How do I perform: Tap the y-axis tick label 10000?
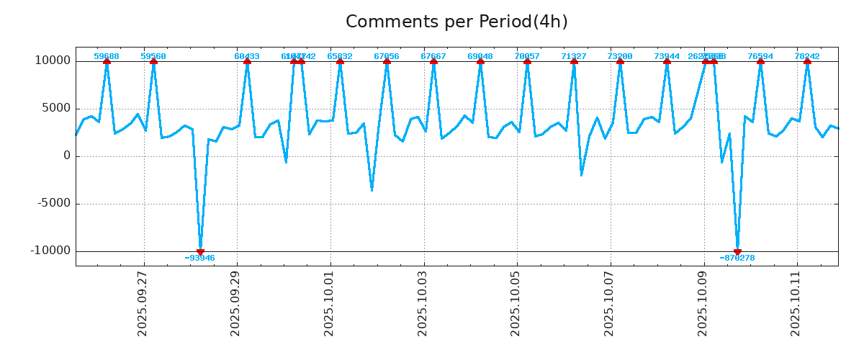click(53, 60)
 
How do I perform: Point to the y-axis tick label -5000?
click(53, 203)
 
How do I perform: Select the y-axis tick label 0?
click(67, 156)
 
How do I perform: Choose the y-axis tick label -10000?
click(50, 251)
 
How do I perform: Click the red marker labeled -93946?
click(200, 251)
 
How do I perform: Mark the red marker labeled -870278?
click(737, 251)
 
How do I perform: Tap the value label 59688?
click(107, 56)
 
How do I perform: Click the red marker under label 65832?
click(340, 61)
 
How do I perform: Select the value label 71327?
click(574, 56)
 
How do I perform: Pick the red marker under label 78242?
click(807, 61)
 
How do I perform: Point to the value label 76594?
click(760, 56)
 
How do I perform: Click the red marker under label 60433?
click(247, 61)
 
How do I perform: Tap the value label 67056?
click(387, 56)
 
